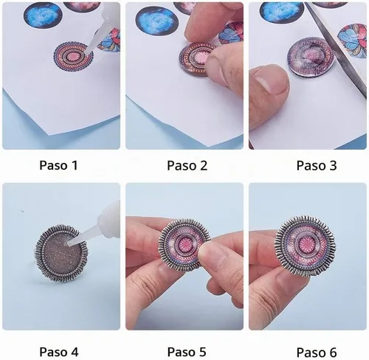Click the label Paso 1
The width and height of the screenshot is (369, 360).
coord(58,165)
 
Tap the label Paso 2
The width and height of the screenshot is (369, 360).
coord(187,165)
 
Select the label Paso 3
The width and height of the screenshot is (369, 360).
coord(317,165)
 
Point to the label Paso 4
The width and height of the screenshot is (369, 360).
coord(59,352)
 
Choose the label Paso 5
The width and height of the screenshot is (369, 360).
coord(187,352)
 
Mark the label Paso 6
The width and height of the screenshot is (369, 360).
coord(317,352)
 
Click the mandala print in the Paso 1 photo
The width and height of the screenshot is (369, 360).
coord(74,56)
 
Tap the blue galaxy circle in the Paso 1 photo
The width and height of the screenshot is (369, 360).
coord(43,15)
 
